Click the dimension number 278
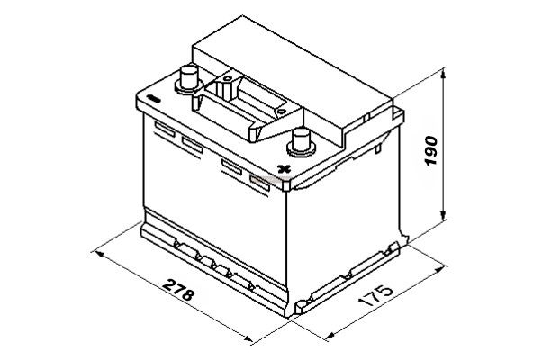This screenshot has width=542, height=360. click(x=178, y=289)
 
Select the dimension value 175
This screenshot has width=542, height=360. click(x=375, y=296)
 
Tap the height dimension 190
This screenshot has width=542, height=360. click(x=430, y=150)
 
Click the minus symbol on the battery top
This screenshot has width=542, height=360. click(x=152, y=98)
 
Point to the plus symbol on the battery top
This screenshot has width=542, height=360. click(x=284, y=169)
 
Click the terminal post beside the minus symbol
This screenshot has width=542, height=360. click(x=188, y=80)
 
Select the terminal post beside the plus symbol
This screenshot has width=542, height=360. click(x=301, y=143)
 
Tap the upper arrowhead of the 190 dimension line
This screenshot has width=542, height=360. click(x=444, y=73)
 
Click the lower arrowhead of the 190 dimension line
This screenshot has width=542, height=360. click(x=444, y=214)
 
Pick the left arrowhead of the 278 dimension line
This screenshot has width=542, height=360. click(x=100, y=255)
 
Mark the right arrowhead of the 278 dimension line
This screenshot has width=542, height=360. click(x=248, y=338)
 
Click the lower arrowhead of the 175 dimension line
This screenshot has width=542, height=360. click(x=330, y=336)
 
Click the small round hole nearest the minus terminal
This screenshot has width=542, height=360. click(x=227, y=78)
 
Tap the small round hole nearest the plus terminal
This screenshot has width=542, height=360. click(x=281, y=112)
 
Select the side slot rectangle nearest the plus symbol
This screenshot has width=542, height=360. click(x=259, y=183)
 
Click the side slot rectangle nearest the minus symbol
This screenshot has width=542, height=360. click(x=165, y=129)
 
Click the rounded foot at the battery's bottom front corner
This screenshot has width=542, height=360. click(x=301, y=305)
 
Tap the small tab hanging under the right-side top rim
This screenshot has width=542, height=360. click(x=378, y=148)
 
